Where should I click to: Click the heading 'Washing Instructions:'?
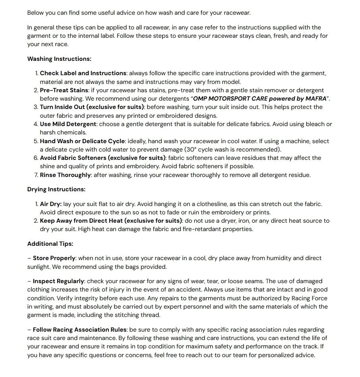pyautogui.click(x=59, y=59)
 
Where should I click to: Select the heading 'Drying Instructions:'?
pyautogui.click(x=56, y=189)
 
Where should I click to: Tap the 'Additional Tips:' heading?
pyautogui.click(x=50, y=244)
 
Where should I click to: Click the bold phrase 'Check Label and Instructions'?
pyautogui.click(x=83, y=73)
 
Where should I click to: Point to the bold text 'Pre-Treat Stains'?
pyautogui.click(x=64, y=90)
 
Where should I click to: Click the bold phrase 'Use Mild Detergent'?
pyautogui.click(x=68, y=124)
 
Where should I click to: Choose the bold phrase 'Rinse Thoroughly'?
pyautogui.click(x=66, y=175)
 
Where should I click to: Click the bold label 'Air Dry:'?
pyautogui.click(x=51, y=204)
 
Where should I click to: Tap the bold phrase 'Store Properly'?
pyautogui.click(x=54, y=258)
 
